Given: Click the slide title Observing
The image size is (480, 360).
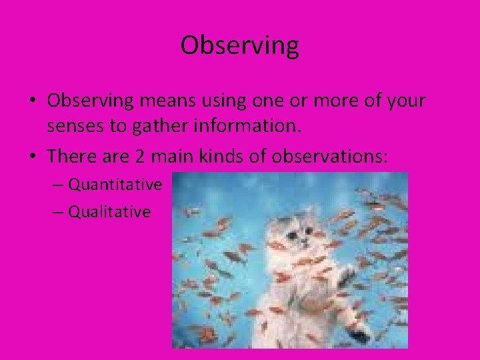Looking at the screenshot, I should (239, 46).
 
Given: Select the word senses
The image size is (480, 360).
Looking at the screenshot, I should (75, 126).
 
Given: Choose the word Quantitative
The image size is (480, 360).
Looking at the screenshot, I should (115, 184).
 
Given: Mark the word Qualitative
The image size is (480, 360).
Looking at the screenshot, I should (109, 212).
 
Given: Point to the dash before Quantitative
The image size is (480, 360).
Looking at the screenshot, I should (57, 185).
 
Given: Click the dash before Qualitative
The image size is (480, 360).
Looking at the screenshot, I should (57, 213).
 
